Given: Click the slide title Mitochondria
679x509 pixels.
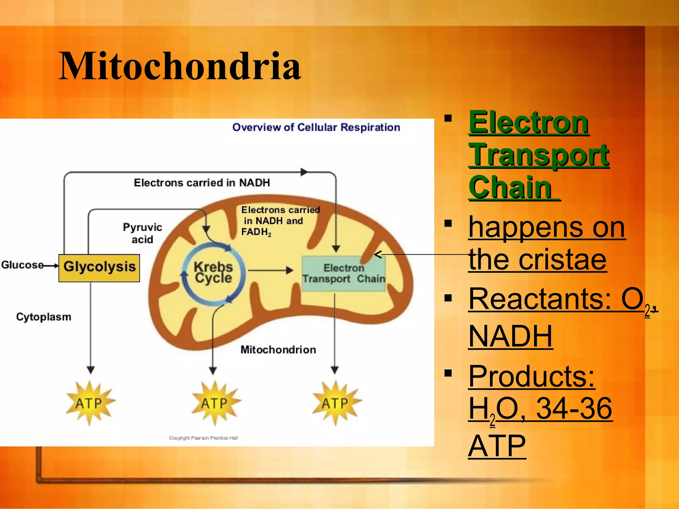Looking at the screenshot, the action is (x=180, y=66).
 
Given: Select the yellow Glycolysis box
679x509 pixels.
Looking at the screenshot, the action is (x=99, y=268).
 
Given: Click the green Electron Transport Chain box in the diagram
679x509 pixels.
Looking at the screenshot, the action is (x=343, y=273).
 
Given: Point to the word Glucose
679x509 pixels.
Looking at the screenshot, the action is (x=22, y=265).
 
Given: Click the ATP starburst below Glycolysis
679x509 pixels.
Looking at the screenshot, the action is (x=90, y=403).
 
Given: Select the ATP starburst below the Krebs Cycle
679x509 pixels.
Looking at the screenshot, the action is (x=215, y=403).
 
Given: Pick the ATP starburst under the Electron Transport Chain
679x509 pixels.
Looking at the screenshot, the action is (x=336, y=403).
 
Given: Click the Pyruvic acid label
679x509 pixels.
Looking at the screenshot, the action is (x=142, y=233).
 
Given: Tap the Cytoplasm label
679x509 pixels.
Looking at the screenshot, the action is (x=43, y=317).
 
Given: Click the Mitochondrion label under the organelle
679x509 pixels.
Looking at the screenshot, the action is (x=278, y=350).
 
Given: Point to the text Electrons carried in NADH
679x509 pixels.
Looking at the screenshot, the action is (x=202, y=183).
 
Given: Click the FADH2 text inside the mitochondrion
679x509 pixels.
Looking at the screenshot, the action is (x=256, y=232).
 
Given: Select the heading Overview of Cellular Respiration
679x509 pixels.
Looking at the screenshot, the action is (x=316, y=127).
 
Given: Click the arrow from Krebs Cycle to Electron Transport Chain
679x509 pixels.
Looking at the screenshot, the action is (x=270, y=270).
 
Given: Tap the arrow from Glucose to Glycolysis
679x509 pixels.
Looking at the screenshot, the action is (x=51, y=265).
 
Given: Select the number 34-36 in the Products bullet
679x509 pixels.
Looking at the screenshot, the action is (x=574, y=408).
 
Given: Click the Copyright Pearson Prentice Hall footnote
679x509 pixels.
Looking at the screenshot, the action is (x=203, y=438).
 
